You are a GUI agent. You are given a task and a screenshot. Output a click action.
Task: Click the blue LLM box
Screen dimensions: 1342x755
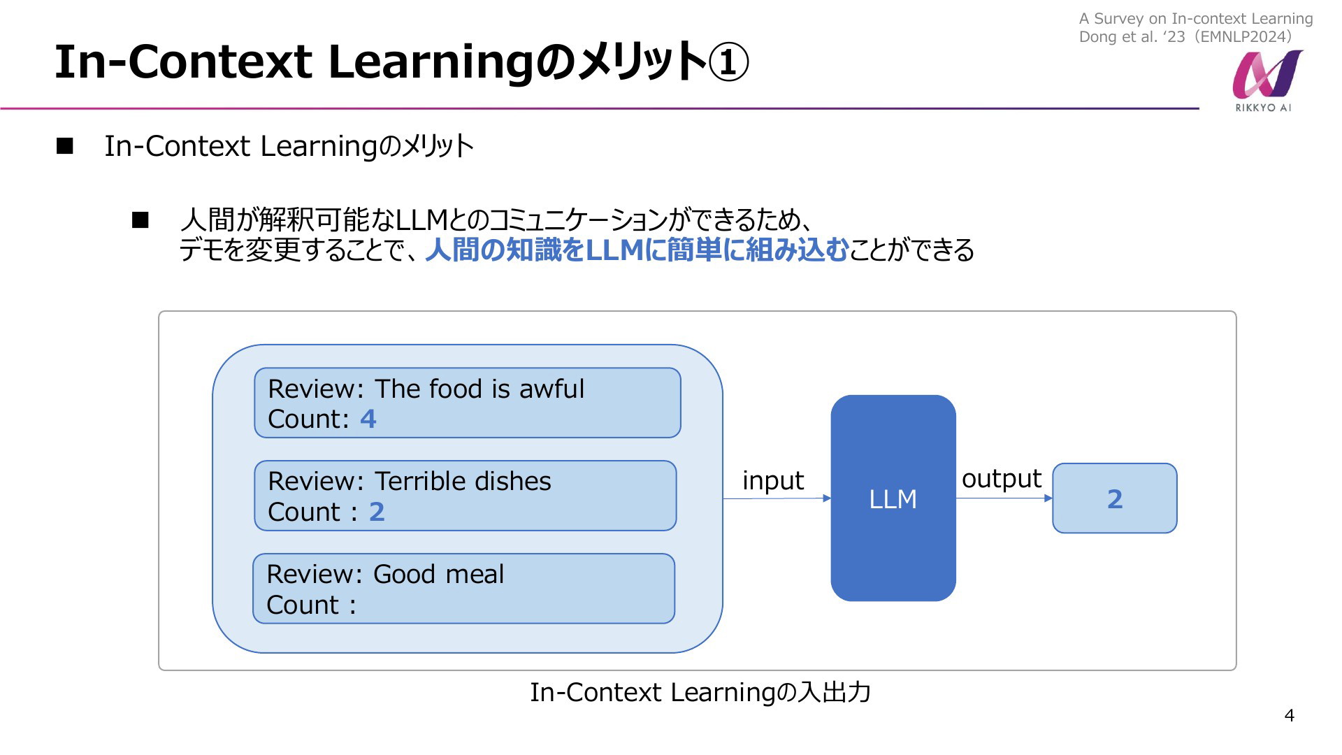893,498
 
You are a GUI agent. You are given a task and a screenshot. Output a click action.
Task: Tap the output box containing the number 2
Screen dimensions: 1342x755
1115,498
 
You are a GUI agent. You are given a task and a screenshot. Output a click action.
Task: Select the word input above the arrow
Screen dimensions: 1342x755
773,480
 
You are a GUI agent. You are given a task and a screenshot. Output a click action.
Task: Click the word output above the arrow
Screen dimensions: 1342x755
1002,479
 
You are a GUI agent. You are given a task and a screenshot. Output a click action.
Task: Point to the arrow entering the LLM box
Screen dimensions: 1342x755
777,498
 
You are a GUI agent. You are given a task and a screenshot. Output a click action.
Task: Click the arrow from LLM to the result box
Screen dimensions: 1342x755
1004,498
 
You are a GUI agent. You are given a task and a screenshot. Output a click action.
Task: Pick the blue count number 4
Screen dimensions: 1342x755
368,419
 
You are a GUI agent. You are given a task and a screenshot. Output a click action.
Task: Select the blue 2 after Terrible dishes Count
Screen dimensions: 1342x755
377,512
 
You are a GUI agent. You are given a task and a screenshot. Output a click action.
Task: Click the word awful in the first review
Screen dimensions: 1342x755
551,389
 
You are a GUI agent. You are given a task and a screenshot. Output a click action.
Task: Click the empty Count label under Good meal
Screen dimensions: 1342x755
311,605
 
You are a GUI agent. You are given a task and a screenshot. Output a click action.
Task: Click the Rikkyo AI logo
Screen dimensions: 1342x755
1267,80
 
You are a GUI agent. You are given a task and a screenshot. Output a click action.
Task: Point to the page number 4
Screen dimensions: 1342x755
1290,715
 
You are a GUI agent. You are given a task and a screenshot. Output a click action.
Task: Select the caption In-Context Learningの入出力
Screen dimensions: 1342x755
700,692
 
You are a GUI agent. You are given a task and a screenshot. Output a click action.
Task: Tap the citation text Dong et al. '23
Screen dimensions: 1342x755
1132,37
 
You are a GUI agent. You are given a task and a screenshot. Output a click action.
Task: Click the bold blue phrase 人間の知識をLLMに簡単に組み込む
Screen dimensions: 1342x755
637,250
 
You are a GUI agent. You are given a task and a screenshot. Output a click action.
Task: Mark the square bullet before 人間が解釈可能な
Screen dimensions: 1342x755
140,220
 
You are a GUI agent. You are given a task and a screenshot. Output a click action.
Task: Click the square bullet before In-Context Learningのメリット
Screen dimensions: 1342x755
65,145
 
